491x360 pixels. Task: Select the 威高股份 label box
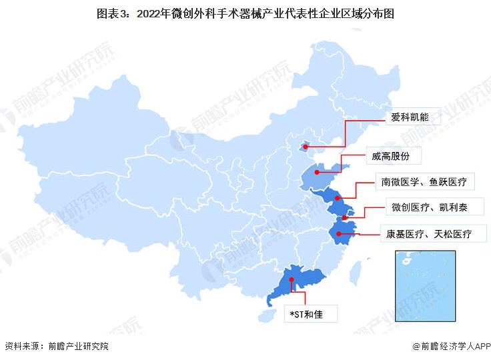point(391,157)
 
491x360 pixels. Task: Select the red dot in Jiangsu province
point(338,198)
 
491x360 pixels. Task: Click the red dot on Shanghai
point(344,218)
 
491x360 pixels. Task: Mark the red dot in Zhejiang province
point(340,233)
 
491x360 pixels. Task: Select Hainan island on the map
point(268,313)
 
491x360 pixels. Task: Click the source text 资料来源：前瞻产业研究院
point(56,347)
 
